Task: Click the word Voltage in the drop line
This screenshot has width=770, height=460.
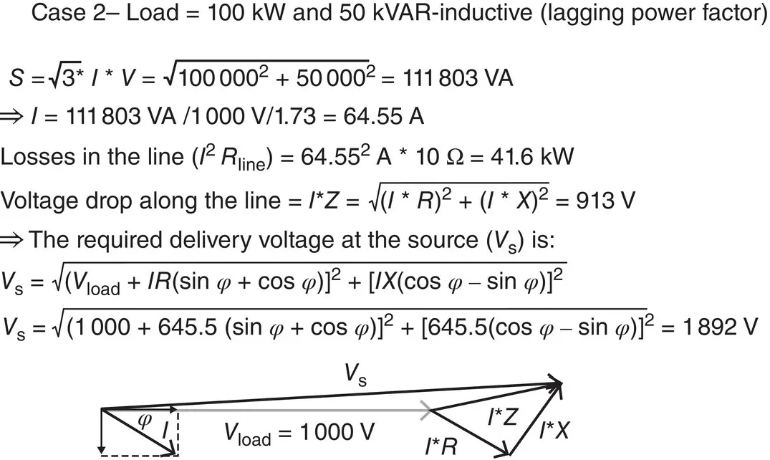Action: [x=40, y=200]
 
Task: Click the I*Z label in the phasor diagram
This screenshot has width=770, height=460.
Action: [x=503, y=417]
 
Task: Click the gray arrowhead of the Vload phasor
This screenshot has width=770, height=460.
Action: [x=428, y=409]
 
